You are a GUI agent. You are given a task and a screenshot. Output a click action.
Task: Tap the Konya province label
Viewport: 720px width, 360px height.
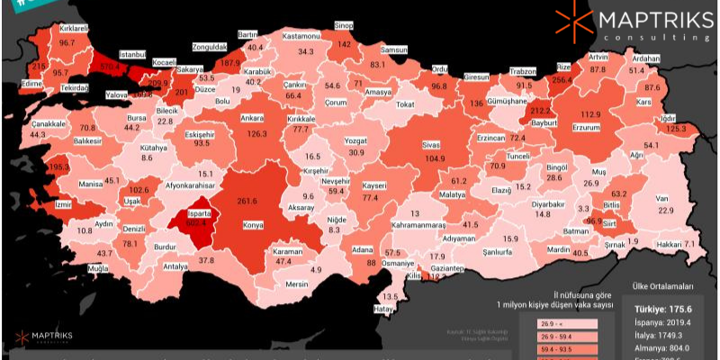(254, 225)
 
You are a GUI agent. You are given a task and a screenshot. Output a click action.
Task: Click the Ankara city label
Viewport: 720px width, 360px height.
(251, 118)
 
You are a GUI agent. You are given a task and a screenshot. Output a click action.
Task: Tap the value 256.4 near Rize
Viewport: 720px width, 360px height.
(562, 80)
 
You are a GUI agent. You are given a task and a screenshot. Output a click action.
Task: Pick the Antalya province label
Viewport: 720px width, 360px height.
(175, 266)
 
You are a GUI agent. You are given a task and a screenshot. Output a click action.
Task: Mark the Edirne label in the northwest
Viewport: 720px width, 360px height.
(34, 83)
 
